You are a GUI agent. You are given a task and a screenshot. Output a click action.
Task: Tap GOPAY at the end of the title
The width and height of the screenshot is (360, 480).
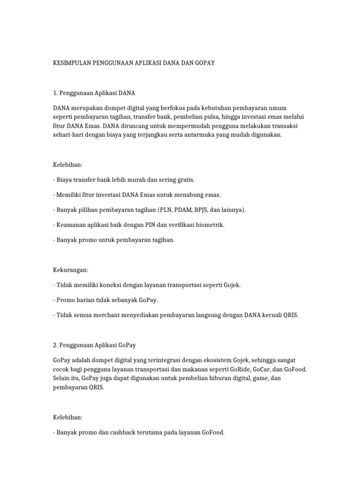point(204,62)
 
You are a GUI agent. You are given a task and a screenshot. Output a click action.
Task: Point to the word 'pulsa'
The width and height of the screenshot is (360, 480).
point(214,116)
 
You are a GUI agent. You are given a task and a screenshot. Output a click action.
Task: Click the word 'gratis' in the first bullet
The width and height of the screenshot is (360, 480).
point(184,180)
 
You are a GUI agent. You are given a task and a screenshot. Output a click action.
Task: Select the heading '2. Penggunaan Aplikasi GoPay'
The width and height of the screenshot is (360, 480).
point(95,345)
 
